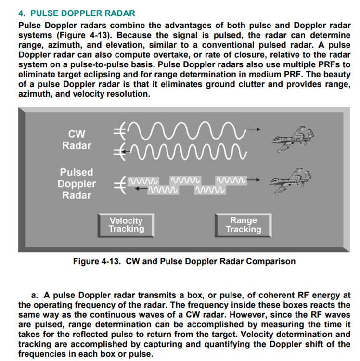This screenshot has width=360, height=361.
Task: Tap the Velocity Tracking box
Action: tap(126, 225)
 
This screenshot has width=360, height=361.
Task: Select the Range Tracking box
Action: tap(244, 225)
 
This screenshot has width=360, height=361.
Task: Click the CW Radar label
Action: tap(77, 139)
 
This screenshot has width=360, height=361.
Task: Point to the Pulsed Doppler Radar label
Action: tap(77, 184)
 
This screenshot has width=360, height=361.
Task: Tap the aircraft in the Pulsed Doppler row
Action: tap(292, 181)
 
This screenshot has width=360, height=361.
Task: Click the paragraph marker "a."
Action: tap(35, 295)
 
